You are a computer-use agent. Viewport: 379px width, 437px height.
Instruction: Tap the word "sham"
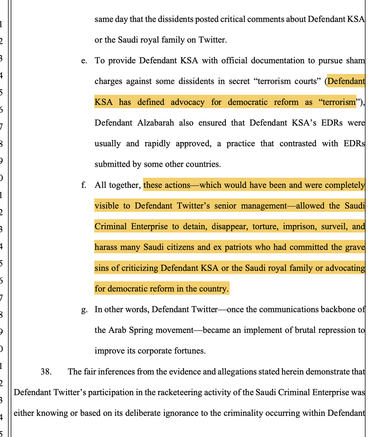click(x=356, y=60)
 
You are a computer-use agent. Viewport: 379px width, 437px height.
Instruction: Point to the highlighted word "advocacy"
click(x=187, y=102)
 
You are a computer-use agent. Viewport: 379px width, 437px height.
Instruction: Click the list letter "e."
click(x=84, y=60)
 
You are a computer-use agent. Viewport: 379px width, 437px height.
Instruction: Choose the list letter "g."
click(x=84, y=310)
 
